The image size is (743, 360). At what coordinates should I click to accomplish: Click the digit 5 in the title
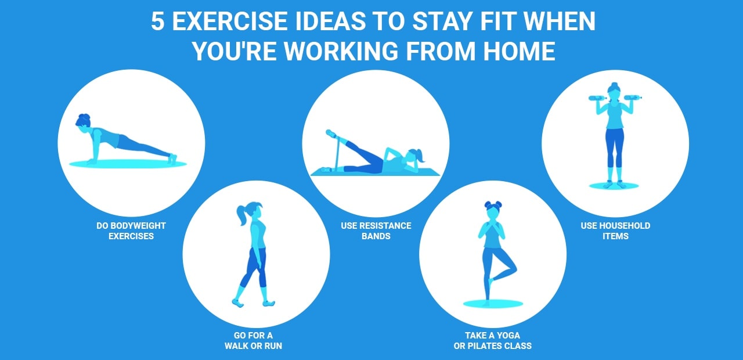(x=158, y=22)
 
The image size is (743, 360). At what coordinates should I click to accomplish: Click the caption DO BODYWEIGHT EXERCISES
(x=131, y=231)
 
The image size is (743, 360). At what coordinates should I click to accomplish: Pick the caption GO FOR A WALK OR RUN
(x=253, y=341)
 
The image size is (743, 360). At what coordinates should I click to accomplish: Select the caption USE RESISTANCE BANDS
(x=376, y=231)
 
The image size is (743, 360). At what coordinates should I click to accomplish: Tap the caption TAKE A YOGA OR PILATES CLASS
(x=492, y=341)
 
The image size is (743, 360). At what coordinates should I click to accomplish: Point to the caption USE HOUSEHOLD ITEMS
(x=615, y=231)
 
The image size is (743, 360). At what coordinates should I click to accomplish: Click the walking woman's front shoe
(x=268, y=303)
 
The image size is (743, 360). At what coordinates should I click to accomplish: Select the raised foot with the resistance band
(x=331, y=134)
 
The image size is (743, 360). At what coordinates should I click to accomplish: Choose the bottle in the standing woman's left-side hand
(x=597, y=98)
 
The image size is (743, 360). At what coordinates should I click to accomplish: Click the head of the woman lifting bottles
(x=614, y=90)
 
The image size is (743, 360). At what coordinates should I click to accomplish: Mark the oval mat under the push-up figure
(x=128, y=164)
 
